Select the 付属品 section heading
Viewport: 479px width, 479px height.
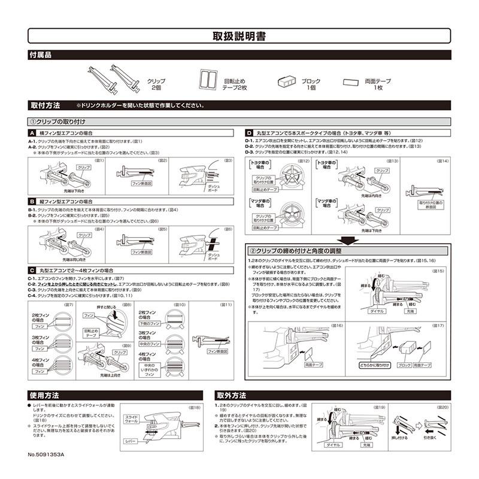point(41,54)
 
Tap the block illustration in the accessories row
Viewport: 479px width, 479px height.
point(287,81)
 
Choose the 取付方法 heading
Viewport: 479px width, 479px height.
point(45,105)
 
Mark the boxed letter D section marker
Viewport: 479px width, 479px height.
point(249,132)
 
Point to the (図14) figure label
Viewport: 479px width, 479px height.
point(443,161)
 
